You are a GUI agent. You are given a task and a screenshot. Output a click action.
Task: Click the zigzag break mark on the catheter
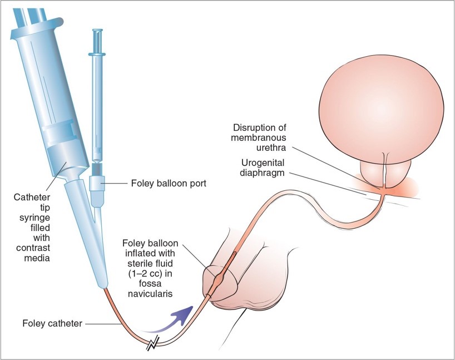pos(152,346)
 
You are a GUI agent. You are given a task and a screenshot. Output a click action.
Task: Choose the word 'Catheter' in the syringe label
pos(34,198)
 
